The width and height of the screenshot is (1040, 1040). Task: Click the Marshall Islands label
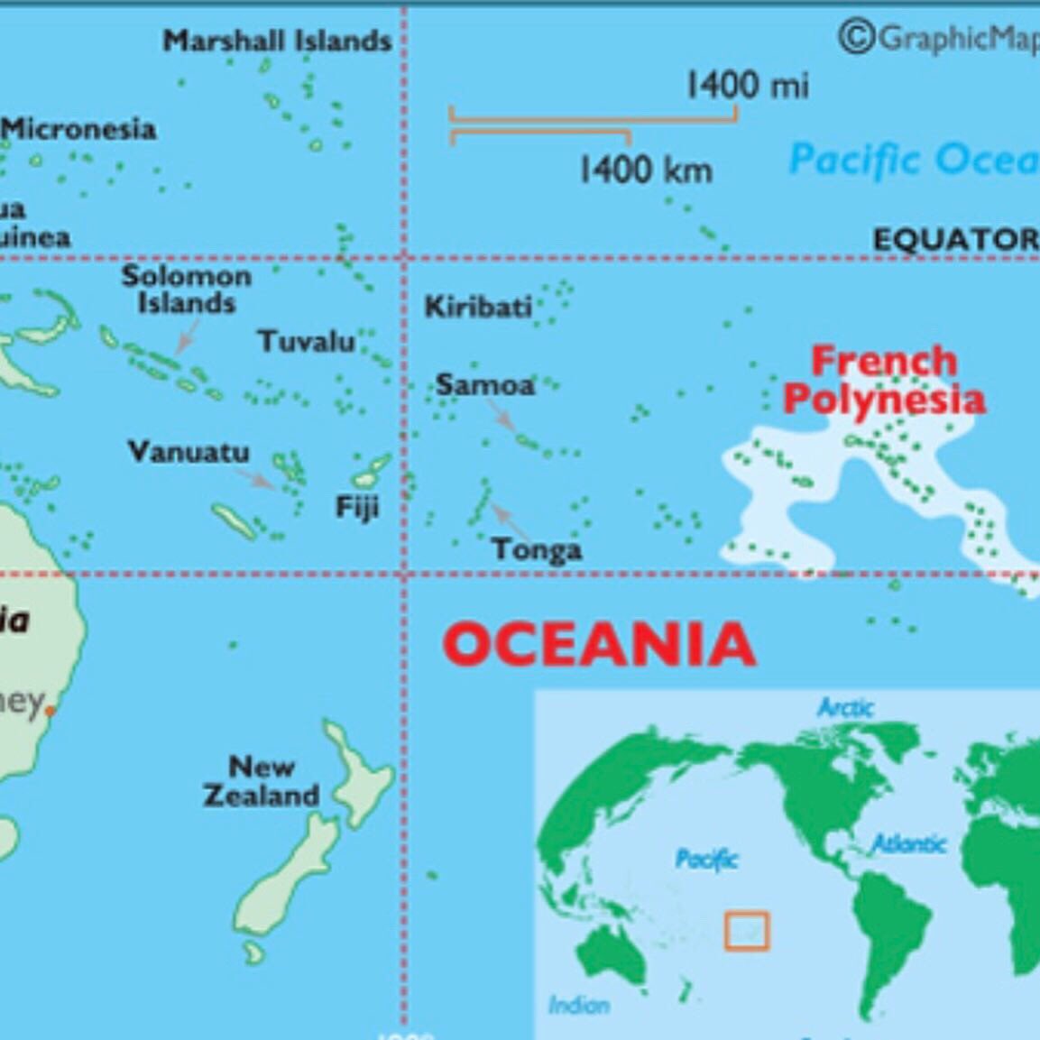point(277,41)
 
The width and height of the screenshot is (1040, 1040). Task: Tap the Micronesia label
point(79,129)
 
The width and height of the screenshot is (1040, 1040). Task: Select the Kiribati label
point(478,308)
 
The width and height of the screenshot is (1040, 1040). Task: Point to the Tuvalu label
point(307,342)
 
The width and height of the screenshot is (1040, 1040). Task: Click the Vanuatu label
point(189,451)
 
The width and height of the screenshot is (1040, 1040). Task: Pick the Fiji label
point(357,507)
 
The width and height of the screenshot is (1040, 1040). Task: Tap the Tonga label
point(537,549)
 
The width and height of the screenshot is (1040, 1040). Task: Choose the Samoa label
point(485,385)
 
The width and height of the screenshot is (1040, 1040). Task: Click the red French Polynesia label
point(884,380)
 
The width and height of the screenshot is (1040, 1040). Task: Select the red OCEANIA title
point(599,644)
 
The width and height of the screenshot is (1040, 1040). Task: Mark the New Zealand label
point(262,781)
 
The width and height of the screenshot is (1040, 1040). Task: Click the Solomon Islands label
point(187,289)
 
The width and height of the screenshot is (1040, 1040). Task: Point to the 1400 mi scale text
point(747,86)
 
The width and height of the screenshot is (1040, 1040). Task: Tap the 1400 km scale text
point(645,169)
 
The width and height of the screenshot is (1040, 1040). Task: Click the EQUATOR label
point(955,239)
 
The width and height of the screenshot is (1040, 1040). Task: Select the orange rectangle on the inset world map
point(747,931)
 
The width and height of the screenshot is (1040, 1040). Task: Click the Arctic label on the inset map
point(845,708)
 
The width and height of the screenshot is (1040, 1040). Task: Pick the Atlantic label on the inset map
point(908,844)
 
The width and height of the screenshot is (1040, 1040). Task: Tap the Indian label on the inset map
point(579,1004)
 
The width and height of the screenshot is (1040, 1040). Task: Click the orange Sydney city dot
point(51,711)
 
